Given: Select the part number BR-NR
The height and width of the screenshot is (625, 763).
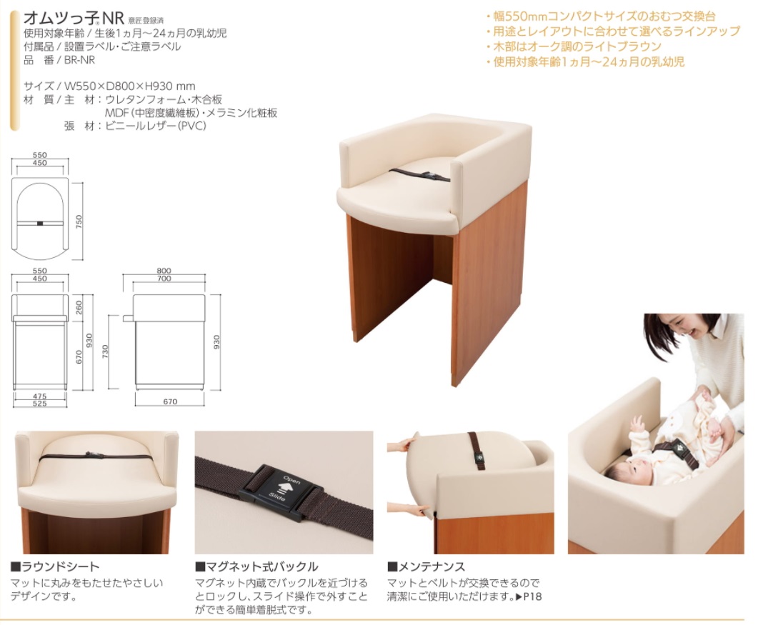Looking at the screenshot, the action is pyautogui.click(x=80, y=60).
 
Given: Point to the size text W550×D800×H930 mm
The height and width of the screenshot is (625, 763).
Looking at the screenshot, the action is pyautogui.click(x=130, y=86).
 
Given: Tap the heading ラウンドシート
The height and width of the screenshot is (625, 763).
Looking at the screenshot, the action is pyautogui.click(x=55, y=566).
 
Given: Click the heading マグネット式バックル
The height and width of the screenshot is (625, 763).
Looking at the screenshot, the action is pyautogui.click(x=256, y=566).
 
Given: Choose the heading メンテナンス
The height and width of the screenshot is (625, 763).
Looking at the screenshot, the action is pyautogui.click(x=427, y=566).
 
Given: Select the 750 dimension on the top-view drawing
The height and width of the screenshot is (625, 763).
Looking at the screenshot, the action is pyautogui.click(x=79, y=221).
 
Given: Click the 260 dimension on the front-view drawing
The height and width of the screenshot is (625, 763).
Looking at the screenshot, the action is pyautogui.click(x=79, y=307).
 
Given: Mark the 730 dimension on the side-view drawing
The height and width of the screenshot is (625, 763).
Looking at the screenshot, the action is pyautogui.click(x=106, y=351).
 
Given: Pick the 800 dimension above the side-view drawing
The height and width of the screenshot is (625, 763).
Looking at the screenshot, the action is pyautogui.click(x=164, y=271).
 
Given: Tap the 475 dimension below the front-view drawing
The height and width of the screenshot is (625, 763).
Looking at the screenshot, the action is pyautogui.click(x=39, y=396).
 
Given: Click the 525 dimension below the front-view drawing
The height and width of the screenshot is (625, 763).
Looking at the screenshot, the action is pyautogui.click(x=39, y=404).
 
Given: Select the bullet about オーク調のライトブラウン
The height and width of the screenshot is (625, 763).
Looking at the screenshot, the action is pyautogui.click(x=574, y=46).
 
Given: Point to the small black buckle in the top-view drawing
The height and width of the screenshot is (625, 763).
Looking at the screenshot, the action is pyautogui.click(x=40, y=224).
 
